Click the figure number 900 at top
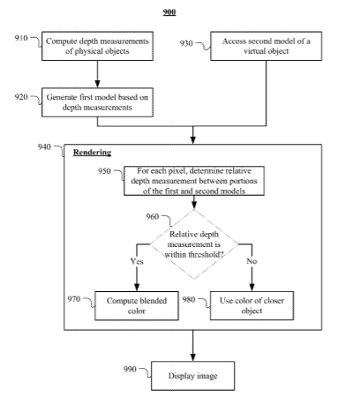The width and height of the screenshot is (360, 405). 169,11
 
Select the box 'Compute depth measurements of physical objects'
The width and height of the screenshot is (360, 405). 97,46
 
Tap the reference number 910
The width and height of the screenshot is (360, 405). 21,38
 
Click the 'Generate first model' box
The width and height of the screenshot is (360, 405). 97,102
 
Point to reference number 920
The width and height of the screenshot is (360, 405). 21,97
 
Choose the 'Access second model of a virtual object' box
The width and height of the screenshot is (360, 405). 266,46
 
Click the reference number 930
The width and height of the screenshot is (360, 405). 186,43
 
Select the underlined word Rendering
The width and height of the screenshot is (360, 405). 92,153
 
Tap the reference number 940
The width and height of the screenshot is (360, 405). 44,146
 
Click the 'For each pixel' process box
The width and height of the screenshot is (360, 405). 194,181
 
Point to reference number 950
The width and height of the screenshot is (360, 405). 104,171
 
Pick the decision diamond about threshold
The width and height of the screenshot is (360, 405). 194,244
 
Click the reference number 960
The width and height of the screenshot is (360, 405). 153,217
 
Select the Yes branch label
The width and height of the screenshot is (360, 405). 137,261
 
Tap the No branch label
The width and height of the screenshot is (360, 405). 251,261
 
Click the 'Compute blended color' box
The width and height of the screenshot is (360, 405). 137,305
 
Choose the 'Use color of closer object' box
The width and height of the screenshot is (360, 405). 251,305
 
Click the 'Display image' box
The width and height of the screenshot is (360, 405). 193,376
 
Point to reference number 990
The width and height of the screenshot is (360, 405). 130,369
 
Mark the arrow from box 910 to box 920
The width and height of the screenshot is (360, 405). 97,74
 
